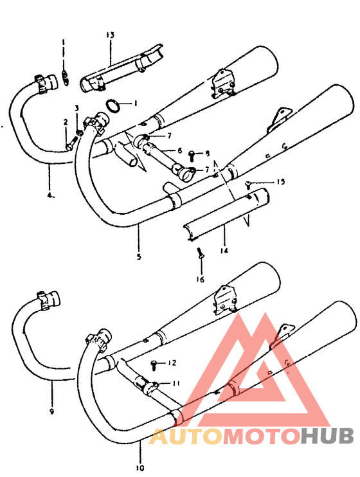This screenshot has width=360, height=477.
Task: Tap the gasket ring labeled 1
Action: coord(113,104)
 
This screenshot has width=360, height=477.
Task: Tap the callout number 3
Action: coord(76,108)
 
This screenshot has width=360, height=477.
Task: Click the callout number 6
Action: coord(179,150)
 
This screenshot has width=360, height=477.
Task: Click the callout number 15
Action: coord(280,183)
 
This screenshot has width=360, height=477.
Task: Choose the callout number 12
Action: coord(172,363)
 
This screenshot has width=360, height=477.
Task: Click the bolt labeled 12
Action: coord(155,364)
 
